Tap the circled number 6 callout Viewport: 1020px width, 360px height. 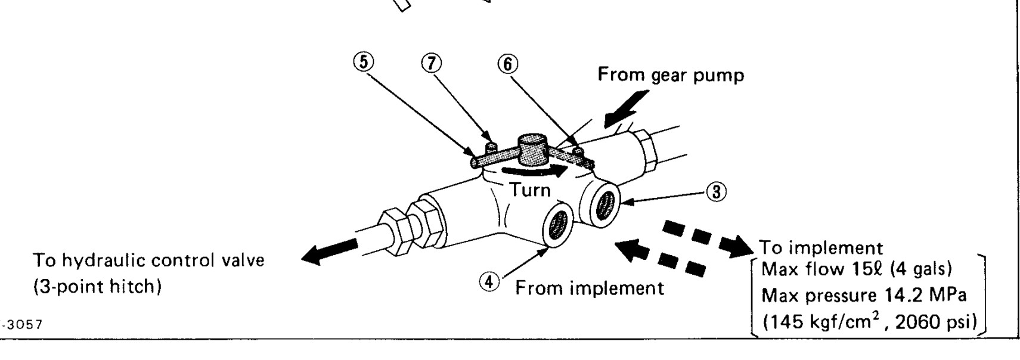[x=507, y=63]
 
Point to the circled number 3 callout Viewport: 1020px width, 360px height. [x=716, y=192]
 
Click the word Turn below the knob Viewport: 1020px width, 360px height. [x=529, y=190]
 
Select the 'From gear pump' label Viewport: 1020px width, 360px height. [x=671, y=75]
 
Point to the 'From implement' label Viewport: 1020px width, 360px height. [x=589, y=288]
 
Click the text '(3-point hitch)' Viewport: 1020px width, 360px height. [x=97, y=287]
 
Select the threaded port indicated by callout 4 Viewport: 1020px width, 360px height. [x=559, y=224]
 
